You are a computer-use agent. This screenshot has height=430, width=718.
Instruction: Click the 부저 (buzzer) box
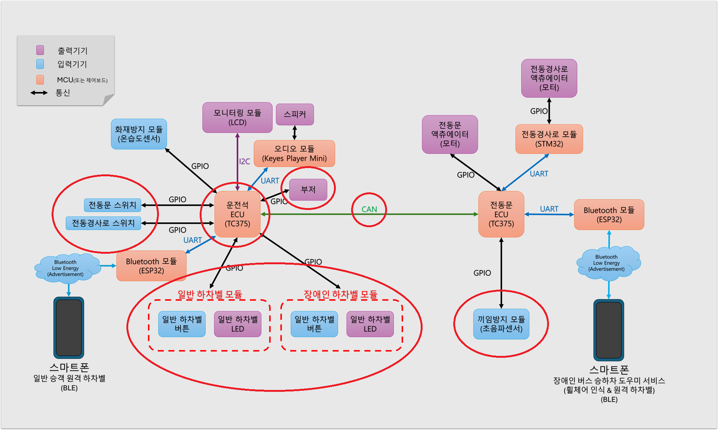(x=308, y=190)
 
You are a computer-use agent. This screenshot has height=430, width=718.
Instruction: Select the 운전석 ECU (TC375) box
(x=237, y=214)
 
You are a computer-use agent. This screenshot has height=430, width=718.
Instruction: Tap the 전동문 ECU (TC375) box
(x=501, y=214)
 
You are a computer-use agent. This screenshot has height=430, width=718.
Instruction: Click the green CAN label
(x=369, y=210)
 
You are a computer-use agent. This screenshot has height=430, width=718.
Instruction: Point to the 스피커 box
(x=295, y=114)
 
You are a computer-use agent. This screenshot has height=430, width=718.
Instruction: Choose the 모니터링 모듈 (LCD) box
(x=237, y=118)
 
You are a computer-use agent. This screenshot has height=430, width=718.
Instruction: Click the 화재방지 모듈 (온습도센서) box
(x=139, y=134)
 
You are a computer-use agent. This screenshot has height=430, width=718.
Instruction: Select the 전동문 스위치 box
(x=113, y=205)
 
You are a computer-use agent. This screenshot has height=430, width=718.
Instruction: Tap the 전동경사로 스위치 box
(x=103, y=223)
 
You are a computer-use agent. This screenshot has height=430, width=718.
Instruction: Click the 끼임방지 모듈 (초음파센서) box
(x=501, y=324)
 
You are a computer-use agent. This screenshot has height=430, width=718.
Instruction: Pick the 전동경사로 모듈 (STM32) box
(x=549, y=139)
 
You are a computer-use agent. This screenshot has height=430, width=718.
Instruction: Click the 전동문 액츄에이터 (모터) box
(x=450, y=134)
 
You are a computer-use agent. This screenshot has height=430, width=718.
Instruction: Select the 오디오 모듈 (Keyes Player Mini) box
(x=294, y=153)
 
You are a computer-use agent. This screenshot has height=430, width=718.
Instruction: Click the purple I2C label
(x=245, y=161)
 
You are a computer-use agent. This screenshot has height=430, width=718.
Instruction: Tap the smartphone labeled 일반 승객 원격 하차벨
(x=69, y=328)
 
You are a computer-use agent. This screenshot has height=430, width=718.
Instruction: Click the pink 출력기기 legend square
(x=40, y=50)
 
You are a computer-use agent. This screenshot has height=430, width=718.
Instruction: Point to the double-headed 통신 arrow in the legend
(x=39, y=93)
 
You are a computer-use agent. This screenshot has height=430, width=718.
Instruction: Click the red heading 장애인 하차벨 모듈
(x=341, y=295)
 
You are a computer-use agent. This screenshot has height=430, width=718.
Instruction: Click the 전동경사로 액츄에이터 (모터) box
(x=549, y=78)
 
